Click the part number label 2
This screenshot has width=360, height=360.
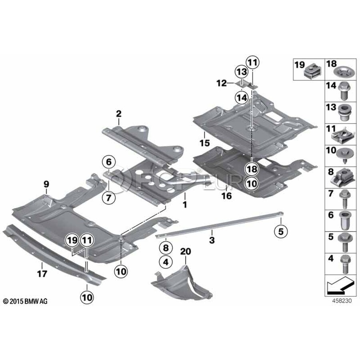coord(119,114)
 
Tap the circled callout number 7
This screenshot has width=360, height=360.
coord(108,196)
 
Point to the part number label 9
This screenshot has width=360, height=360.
coord(46,184)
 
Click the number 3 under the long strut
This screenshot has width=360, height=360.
coord(212,240)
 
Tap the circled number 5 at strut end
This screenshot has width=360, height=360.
coord(280,231)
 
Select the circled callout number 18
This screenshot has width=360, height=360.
coord(252,169)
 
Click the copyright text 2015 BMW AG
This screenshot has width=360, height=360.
coord(25,301)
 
